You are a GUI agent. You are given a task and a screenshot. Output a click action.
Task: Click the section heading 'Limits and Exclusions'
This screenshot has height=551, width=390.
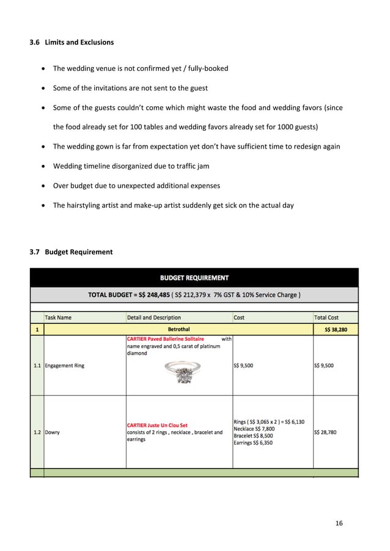(x=79, y=42)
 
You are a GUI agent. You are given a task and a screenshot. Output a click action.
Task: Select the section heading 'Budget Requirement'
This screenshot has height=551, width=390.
(x=79, y=252)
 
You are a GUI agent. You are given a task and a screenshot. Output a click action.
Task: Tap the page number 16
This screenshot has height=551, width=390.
(x=339, y=524)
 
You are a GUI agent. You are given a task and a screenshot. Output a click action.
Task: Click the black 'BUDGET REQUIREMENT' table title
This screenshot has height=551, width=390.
(x=194, y=278)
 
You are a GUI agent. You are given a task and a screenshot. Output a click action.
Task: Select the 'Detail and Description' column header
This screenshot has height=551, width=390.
(x=154, y=318)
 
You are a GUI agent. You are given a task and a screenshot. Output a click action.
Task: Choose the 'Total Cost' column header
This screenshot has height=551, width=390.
(x=326, y=318)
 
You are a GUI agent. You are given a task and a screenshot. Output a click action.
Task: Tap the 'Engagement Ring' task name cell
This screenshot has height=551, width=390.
(x=65, y=366)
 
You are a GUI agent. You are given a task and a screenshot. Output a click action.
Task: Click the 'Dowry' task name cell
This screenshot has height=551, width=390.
(x=53, y=432)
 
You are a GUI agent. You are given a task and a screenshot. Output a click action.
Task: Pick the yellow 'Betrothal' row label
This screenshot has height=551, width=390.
(x=178, y=330)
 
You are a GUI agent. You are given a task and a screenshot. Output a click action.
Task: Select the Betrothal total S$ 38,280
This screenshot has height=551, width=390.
(x=335, y=330)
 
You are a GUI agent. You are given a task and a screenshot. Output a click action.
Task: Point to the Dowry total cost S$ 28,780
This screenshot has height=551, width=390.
(x=328, y=432)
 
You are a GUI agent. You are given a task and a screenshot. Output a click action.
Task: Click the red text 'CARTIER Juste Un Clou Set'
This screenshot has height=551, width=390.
(x=157, y=425)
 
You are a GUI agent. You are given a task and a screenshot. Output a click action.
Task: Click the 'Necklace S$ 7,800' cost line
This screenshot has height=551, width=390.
(x=254, y=429)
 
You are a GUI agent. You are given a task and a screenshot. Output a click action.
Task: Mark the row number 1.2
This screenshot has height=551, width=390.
(x=37, y=432)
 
